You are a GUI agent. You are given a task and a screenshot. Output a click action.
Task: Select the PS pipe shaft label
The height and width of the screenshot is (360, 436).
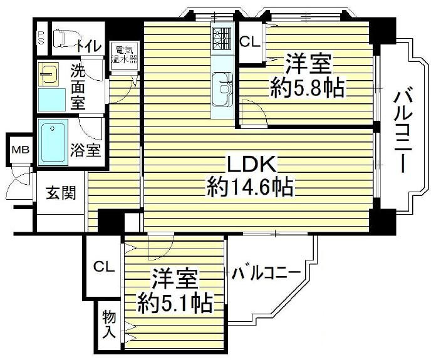click(41, 37)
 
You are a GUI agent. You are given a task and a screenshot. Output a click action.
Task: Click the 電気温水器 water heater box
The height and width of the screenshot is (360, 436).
click(124, 56)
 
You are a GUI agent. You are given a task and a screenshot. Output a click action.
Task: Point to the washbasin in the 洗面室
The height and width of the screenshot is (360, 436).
click(48, 74)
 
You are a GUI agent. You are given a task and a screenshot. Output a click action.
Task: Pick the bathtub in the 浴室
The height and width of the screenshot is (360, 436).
click(53, 141)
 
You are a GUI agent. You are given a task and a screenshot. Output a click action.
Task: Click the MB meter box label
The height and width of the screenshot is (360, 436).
click(20, 150)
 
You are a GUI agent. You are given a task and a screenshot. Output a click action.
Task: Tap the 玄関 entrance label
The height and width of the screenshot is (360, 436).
click(61, 193)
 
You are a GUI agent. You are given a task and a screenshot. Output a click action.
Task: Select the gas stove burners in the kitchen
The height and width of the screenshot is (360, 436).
click(222, 38)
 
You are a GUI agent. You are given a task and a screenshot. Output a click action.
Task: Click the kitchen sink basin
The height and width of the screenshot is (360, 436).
click(222, 90)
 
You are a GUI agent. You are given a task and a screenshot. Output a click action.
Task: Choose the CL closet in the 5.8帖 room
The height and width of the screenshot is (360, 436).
click(251, 43)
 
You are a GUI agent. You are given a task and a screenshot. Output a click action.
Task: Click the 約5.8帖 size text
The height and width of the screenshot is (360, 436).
click(308, 88)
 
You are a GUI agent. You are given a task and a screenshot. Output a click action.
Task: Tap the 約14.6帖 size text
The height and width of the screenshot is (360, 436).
click(249, 187)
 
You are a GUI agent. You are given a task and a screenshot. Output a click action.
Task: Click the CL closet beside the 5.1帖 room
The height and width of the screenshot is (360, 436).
click(103, 267)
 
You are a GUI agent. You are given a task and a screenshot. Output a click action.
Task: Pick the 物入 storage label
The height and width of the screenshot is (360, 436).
click(109, 324)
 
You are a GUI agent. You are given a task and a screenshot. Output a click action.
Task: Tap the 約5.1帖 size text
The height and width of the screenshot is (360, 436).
click(175, 302)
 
